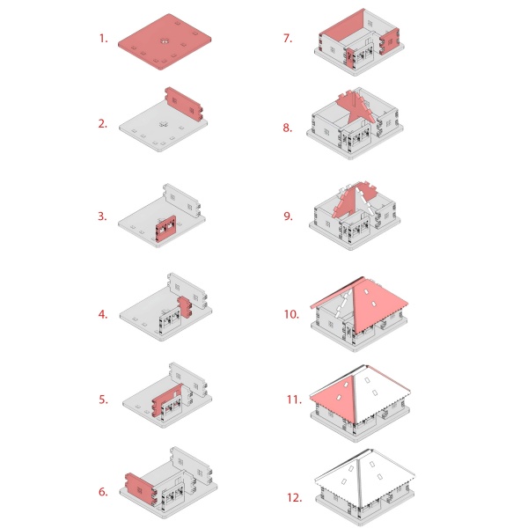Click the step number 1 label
pos(103,39)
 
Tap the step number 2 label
pos(103,124)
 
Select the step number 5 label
pos(103,400)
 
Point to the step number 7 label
pos(287,39)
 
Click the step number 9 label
pos(288,216)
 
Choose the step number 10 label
pos(291,314)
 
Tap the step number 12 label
pos(294,497)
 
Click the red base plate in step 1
pos(165,41)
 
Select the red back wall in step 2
pos(184,105)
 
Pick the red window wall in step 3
pos(166,228)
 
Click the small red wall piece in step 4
pos(185,307)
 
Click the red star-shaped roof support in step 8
pos(356,107)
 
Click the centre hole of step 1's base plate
pos(164,41)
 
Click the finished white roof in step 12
pos(364,478)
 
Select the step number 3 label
pos(103,216)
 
